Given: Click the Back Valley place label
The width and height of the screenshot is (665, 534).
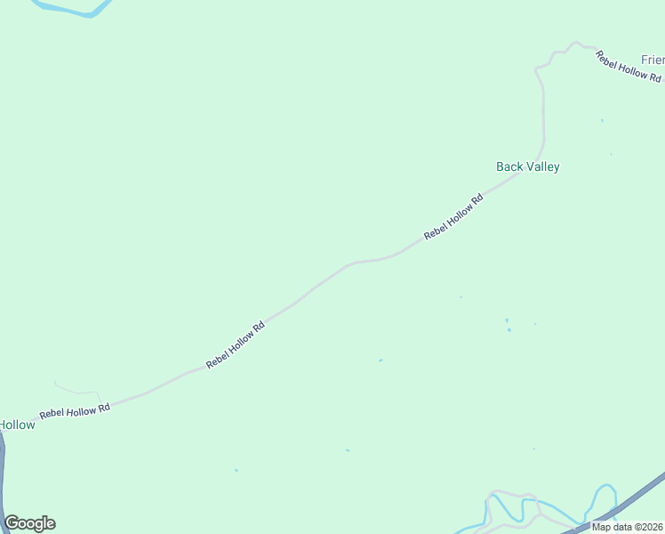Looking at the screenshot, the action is tap(527, 166).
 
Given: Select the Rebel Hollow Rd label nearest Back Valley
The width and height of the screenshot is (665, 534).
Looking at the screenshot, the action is tap(453, 216).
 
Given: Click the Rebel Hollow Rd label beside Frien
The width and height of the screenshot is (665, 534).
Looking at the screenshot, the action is tap(629, 69).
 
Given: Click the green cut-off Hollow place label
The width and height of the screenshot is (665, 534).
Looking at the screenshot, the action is tap(17, 425).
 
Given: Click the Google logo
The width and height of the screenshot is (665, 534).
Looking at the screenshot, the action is tap(29, 523).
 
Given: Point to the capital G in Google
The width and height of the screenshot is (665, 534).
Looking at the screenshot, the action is tap(12, 522).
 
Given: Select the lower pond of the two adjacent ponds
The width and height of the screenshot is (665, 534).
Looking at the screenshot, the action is tap(509, 330).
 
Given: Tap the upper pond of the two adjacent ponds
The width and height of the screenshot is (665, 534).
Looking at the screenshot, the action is tap(507, 320).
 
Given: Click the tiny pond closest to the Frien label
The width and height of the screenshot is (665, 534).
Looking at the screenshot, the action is tap(602, 120).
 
